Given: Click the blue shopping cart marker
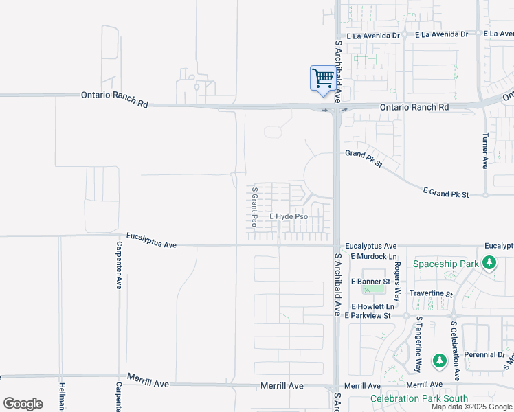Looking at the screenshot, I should coord(322,78).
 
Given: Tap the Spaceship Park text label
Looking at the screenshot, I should coord(445,264).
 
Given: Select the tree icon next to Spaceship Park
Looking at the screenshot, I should coord(489,262).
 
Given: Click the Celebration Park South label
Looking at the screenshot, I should coord(418,398).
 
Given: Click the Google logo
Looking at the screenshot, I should coord(23,403).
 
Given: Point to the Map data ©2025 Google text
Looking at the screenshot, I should coord(471,407).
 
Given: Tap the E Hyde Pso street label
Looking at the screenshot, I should coord(289,216).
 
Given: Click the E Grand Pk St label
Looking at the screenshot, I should coord(445,194).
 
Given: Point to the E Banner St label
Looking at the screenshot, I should coord(371,282).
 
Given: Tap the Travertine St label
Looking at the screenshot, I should coord(431,294).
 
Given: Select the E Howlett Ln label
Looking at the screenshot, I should coord(372,306).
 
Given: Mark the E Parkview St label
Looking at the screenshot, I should coord(371,316).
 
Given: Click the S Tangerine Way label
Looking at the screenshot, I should coord(418,341).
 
